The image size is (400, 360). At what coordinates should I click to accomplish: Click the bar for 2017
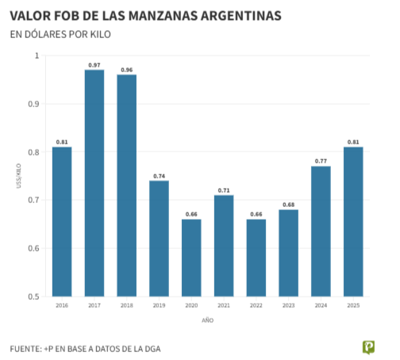pyautogui.click(x=94, y=183)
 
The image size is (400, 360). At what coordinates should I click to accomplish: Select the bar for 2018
pyautogui.click(x=127, y=186)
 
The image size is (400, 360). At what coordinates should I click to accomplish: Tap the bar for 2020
pyautogui.click(x=191, y=258)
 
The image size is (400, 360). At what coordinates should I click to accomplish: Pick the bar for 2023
pyautogui.click(x=288, y=253)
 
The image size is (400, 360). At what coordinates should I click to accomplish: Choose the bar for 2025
pyautogui.click(x=353, y=222)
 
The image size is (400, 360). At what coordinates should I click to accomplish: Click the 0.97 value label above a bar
pyautogui.click(x=94, y=65)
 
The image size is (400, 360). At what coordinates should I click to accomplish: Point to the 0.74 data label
pyautogui.click(x=159, y=176)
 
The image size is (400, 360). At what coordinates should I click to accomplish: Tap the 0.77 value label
pyautogui.click(x=321, y=161)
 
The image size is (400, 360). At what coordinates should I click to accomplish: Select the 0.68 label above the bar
pyautogui.click(x=288, y=205)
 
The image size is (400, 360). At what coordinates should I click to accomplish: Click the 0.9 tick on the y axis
pyautogui.click(x=33, y=104)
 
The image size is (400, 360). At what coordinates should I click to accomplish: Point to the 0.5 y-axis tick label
pyautogui.click(x=33, y=297)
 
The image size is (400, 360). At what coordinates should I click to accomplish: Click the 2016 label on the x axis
pyautogui.click(x=62, y=305)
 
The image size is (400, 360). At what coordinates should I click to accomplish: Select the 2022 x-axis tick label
pyautogui.click(x=256, y=305)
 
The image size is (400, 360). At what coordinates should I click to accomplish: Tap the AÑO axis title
pyautogui.click(x=207, y=320)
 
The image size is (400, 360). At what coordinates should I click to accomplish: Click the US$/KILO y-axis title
pyautogui.click(x=17, y=176)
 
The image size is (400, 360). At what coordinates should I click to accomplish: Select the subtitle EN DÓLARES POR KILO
pyautogui.click(x=60, y=35)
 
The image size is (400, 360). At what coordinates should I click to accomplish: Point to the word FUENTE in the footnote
pyautogui.click(x=26, y=348)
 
